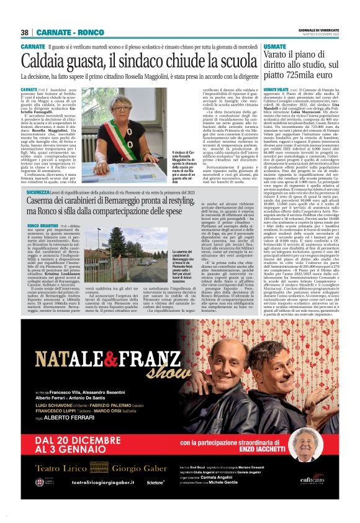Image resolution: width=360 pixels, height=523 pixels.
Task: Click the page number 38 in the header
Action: coord(25,32)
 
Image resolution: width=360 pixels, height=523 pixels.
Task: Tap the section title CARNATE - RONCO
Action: coord(70,32)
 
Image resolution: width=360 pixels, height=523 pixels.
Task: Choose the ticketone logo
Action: coord(156,499)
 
